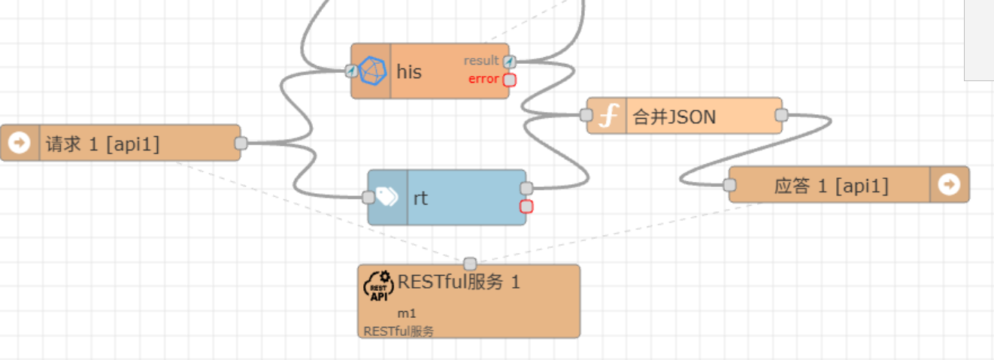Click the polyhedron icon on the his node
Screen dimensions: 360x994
click(371, 71)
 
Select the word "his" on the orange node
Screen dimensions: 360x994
click(409, 71)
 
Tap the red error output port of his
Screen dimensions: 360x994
click(509, 80)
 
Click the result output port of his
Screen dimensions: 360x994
click(509, 62)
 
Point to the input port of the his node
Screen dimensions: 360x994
click(351, 71)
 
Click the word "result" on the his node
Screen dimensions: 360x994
click(481, 61)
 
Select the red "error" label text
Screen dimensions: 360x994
click(483, 78)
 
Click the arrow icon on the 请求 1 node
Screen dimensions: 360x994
click(19, 142)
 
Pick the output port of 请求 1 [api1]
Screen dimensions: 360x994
click(241, 143)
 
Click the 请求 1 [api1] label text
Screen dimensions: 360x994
click(103, 144)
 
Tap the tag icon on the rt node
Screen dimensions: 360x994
click(387, 197)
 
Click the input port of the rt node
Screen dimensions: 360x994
click(368, 197)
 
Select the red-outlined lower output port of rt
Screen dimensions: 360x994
click(526, 207)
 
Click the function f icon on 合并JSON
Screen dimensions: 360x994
click(607, 116)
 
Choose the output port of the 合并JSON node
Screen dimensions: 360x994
click(781, 115)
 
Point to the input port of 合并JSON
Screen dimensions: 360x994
click(586, 115)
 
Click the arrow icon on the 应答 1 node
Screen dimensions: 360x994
click(950, 184)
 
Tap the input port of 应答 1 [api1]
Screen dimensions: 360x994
click(729, 185)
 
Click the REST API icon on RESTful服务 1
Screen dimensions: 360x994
click(377, 286)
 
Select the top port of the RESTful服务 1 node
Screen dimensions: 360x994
click(470, 264)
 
